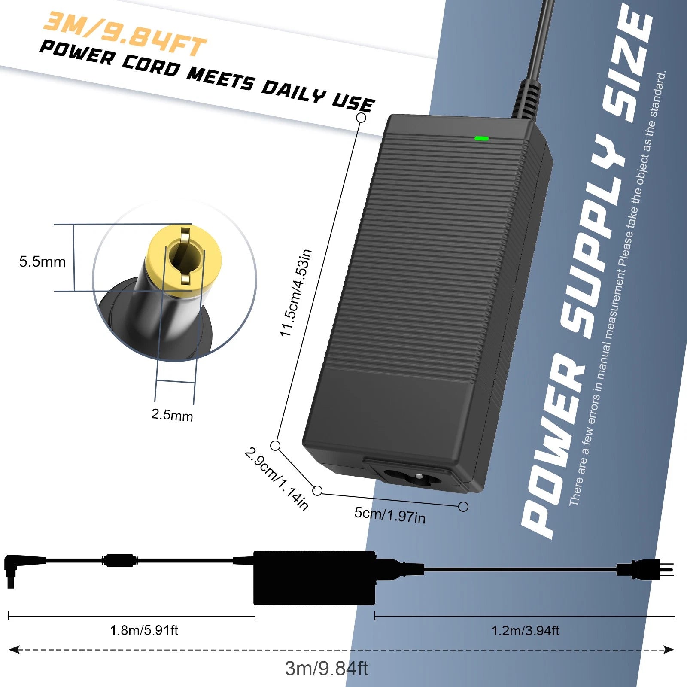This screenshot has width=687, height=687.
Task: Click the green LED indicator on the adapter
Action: pos(481,138)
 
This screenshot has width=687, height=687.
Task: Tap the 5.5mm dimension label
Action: pos(42,261)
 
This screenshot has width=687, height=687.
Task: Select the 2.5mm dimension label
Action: pos(172,415)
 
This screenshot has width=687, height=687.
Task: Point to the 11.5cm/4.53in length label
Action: pos(296,293)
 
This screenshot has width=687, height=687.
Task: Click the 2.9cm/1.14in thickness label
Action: pos(277,479)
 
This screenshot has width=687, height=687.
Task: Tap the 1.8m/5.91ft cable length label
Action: pos(144,630)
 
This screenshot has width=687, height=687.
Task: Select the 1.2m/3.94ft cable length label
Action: pos(525,631)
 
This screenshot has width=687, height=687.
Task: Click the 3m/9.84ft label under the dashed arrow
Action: pos(326,669)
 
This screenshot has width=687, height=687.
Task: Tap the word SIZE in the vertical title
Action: pos(627,64)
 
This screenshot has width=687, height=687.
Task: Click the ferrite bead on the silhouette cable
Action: pos(120,560)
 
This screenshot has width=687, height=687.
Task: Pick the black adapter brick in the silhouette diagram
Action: pos(314,578)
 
